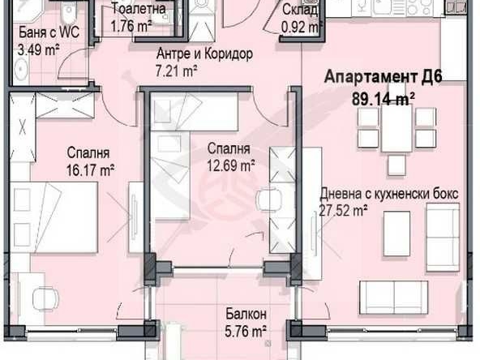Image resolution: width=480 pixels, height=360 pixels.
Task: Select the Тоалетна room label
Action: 139,10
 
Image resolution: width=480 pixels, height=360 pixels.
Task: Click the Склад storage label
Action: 299,10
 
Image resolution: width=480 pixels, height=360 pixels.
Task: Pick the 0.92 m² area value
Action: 298,24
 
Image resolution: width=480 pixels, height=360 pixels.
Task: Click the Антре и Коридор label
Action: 204,54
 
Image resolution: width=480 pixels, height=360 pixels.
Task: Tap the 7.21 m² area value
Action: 178,70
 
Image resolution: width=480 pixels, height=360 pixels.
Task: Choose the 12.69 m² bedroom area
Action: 230,165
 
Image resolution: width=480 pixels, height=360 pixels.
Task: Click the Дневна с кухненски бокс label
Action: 389,195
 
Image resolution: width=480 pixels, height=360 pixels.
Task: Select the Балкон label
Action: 245,314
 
